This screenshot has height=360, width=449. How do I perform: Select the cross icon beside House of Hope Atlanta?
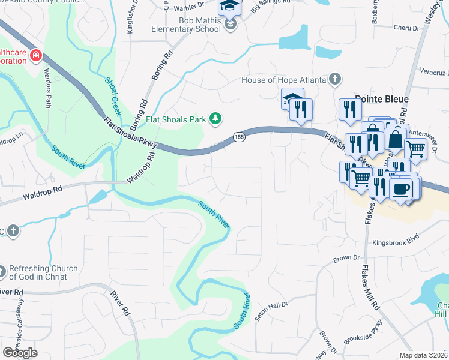[335, 79]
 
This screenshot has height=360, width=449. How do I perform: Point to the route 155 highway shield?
[238, 137]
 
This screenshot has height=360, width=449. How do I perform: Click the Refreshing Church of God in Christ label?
[43, 272]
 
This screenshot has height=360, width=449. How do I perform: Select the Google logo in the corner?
[20, 353]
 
